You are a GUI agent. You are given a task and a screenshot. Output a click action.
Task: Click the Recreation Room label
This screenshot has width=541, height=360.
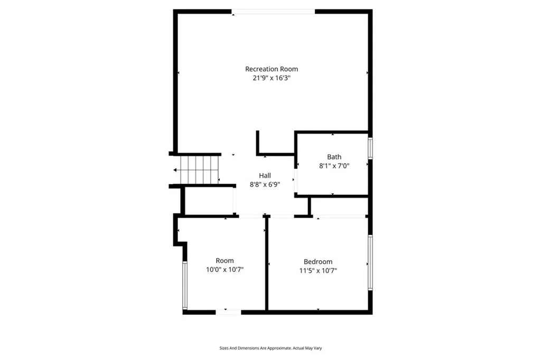pyautogui.click(x=271, y=69)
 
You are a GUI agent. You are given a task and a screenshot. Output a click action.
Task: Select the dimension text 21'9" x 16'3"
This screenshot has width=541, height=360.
pyautogui.click(x=271, y=78)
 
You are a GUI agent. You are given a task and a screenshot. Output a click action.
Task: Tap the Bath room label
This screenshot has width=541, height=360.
pyautogui.click(x=334, y=157)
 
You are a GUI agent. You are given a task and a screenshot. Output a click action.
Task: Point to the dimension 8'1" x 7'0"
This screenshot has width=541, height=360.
pyautogui.click(x=334, y=165)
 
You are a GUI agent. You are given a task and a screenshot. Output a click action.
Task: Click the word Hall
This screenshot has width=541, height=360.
pyautogui.click(x=265, y=175)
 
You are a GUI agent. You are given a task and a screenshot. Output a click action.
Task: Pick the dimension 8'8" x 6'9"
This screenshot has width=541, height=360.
pyautogui.click(x=265, y=184)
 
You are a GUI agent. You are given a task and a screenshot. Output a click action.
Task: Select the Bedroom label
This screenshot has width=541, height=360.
pyautogui.click(x=318, y=262)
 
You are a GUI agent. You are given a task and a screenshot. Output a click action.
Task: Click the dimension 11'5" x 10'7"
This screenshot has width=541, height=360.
pyautogui.click(x=318, y=270)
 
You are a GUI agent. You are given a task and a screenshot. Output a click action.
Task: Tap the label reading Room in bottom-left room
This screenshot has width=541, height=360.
pyautogui.click(x=225, y=261)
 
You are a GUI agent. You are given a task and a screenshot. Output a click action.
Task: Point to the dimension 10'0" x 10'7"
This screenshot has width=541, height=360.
pyautogui.click(x=225, y=270)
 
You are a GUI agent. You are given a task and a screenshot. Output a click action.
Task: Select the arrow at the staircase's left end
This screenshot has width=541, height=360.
pyautogui.click(x=175, y=170)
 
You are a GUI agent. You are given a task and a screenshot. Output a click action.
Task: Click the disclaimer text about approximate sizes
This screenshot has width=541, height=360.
pyautogui.click(x=270, y=348)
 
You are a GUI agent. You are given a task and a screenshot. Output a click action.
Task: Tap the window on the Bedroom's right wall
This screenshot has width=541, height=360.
pyautogui.click(x=370, y=262)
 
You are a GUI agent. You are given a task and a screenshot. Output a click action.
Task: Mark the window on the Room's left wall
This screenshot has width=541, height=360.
pyautogui.click(x=184, y=285)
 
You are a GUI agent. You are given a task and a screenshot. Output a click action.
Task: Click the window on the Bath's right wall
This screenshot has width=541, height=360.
pyautogui.click(x=370, y=148)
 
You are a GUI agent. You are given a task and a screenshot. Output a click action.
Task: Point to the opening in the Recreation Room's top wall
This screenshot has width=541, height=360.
pyautogui.click(x=274, y=12)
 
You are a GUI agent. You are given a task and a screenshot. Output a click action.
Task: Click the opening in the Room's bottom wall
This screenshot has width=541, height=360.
pyautogui.click(x=228, y=312)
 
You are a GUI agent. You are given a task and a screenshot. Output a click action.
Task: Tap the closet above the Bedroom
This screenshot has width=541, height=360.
pyautogui.click(x=339, y=206)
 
